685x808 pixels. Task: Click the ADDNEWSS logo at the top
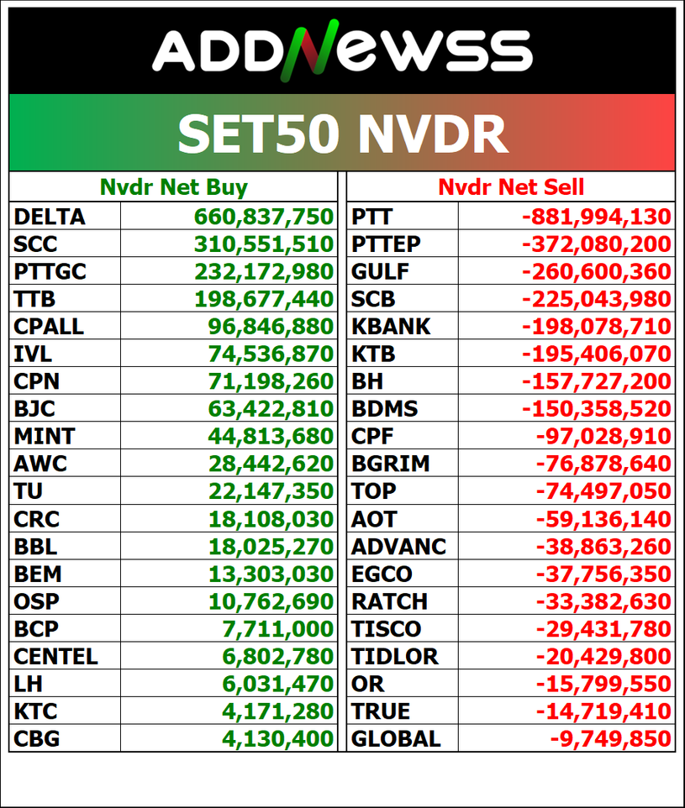pyautogui.click(x=342, y=50)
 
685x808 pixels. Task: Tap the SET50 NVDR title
pyautogui.click(x=343, y=134)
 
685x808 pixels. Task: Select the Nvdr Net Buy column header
pyautogui.click(x=174, y=187)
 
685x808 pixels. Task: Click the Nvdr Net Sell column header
pyautogui.click(x=511, y=186)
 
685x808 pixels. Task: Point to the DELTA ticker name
pyautogui.click(x=50, y=217)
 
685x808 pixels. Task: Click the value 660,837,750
pyautogui.click(x=264, y=217)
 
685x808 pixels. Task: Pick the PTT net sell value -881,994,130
pyautogui.click(x=597, y=217)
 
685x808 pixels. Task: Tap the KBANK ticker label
pyautogui.click(x=391, y=326)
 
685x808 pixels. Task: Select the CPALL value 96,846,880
pyautogui.click(x=271, y=326)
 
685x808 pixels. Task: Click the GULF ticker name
pyautogui.click(x=380, y=271)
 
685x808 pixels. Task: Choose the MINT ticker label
pyautogui.click(x=45, y=436)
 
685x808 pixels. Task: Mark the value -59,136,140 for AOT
pyautogui.click(x=603, y=518)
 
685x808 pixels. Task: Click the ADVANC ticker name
pyautogui.click(x=398, y=546)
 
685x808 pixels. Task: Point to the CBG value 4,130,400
pyautogui.click(x=278, y=738)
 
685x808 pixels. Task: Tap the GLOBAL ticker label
pyautogui.click(x=396, y=738)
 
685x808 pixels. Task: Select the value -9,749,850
pyautogui.click(x=611, y=738)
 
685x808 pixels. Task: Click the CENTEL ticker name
pyautogui.click(x=55, y=656)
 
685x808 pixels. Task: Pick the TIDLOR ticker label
pyautogui.click(x=394, y=656)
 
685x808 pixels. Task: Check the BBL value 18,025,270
pyautogui.click(x=271, y=546)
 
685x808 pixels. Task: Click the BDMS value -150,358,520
pyautogui.click(x=597, y=409)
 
